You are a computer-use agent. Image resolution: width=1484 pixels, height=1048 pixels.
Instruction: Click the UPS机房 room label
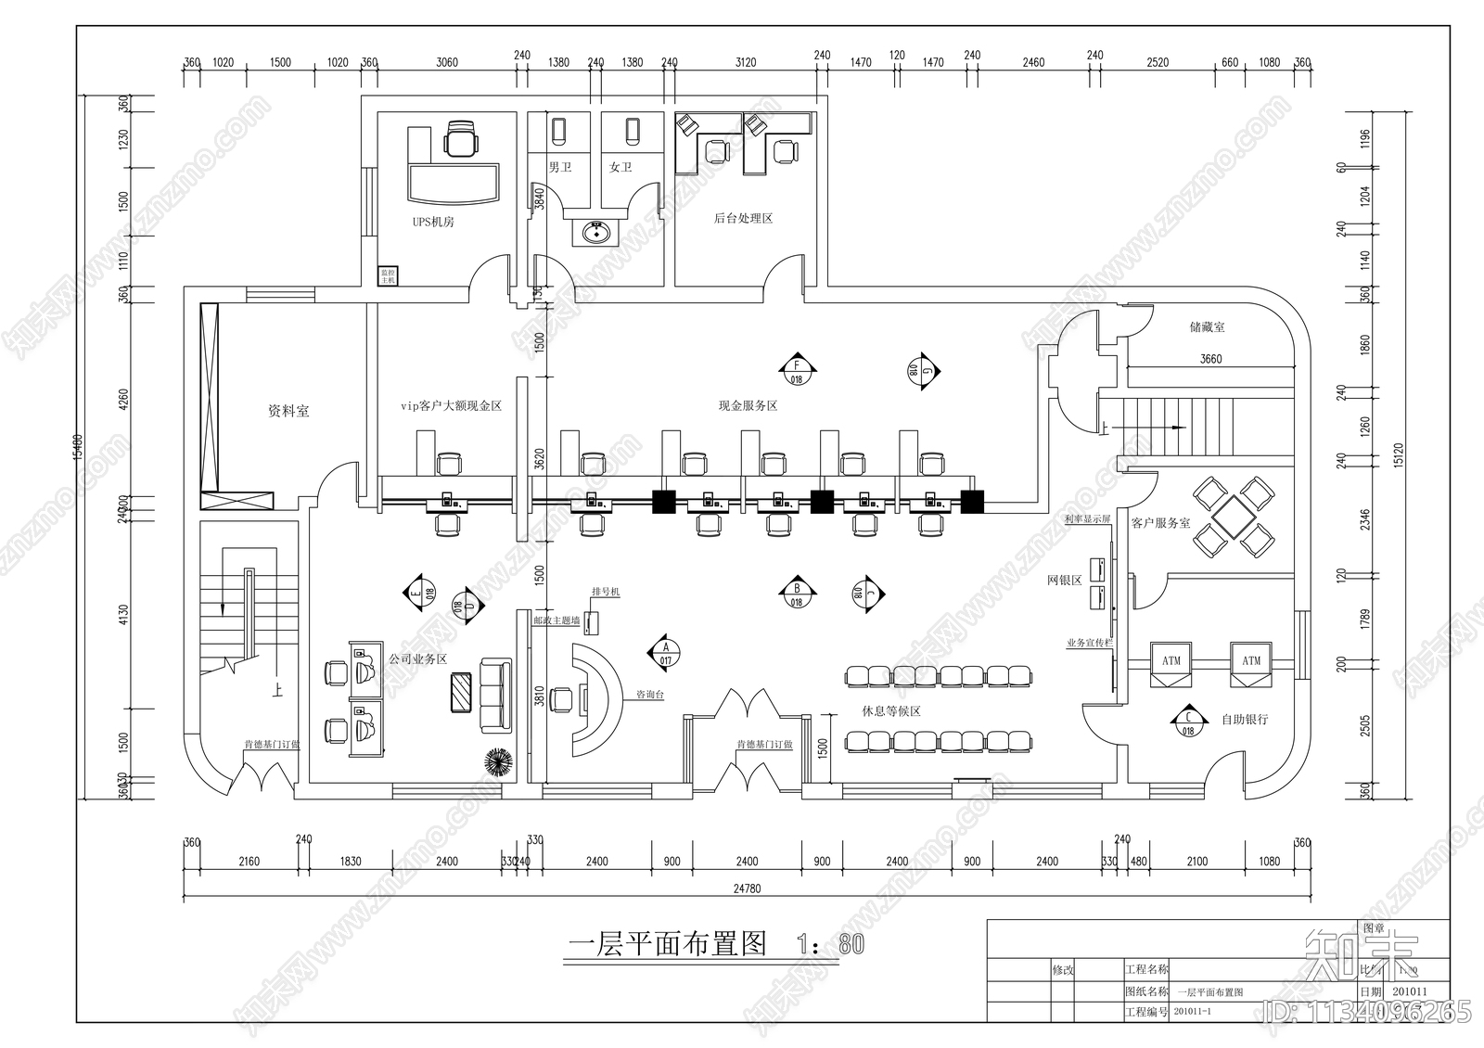click(x=433, y=223)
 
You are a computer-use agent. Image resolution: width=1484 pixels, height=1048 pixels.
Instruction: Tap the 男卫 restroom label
click(x=560, y=168)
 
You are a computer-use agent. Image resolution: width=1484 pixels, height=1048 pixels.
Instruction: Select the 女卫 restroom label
click(x=620, y=168)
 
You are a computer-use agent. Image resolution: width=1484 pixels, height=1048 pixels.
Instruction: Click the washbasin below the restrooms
click(x=592, y=232)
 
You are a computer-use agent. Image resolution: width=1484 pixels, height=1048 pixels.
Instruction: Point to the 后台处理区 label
click(x=743, y=219)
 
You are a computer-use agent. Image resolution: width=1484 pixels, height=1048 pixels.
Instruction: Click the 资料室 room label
click(x=288, y=411)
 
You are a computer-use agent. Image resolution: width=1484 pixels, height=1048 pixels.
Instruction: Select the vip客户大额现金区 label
click(x=451, y=406)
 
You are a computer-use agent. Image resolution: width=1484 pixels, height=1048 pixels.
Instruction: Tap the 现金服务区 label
click(x=748, y=406)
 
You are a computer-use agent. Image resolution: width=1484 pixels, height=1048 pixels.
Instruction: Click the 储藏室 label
click(x=1207, y=327)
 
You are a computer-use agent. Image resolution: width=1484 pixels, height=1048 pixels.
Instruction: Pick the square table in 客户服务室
click(x=1233, y=516)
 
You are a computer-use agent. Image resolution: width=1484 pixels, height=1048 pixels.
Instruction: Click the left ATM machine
click(x=1171, y=662)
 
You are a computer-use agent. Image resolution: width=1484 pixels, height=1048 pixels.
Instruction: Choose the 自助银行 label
click(x=1244, y=720)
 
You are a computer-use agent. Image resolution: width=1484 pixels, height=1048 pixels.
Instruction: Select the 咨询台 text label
click(x=649, y=695)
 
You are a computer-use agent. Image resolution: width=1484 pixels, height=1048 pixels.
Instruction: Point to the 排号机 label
click(x=606, y=592)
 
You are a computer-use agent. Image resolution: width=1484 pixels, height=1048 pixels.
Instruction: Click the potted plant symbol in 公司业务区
click(x=498, y=761)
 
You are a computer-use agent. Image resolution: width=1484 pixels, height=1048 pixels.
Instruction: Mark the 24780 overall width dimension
click(x=746, y=888)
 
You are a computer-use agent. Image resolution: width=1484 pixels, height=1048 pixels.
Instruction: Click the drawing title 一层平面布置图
click(x=667, y=945)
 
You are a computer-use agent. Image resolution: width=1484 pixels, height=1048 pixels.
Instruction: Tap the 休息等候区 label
click(x=890, y=711)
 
